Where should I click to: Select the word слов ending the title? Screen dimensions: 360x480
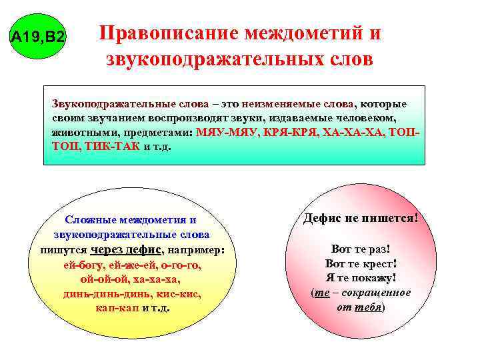[346, 60]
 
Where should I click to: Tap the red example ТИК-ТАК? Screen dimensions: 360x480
[112, 146]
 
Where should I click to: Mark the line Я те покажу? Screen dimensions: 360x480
[361, 278]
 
